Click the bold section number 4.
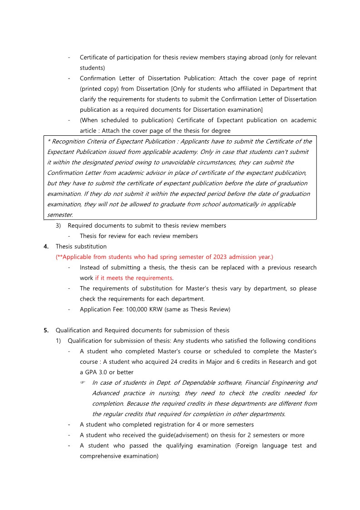(46, 247)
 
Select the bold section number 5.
(46, 330)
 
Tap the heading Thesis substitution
(81, 247)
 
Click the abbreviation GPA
(92, 372)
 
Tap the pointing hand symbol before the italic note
(83, 383)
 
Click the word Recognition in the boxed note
(69, 141)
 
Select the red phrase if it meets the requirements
(134, 278)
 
